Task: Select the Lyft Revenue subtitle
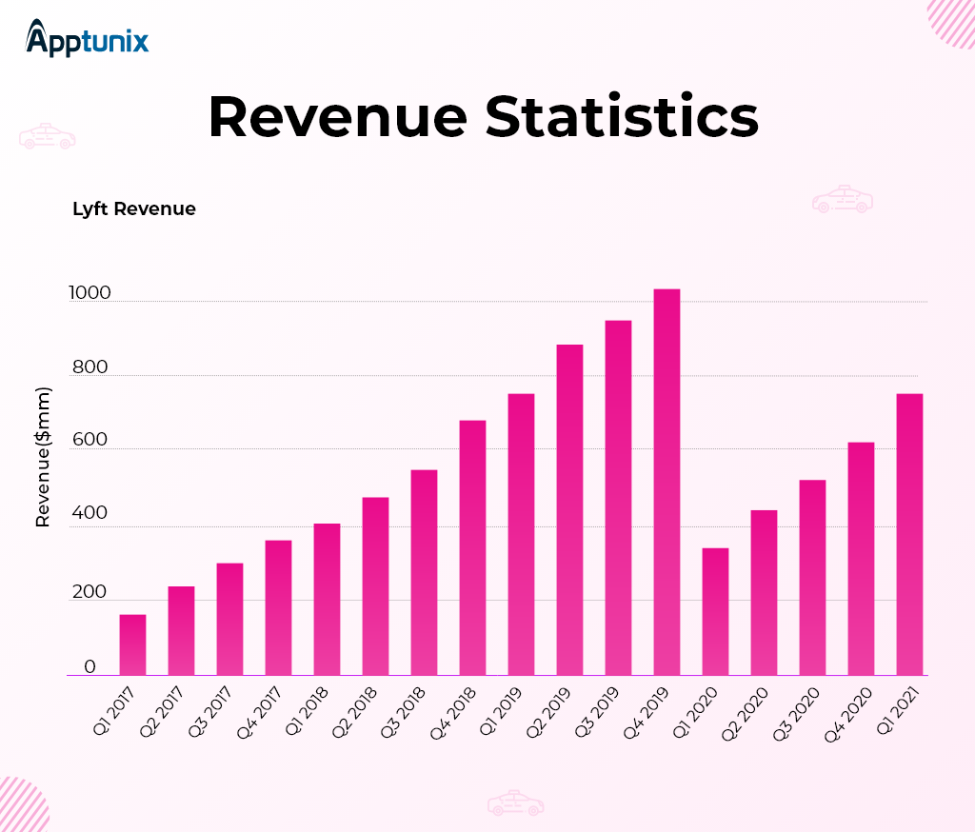tap(134, 209)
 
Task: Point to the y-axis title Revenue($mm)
tap(43, 457)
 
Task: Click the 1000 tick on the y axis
tap(89, 294)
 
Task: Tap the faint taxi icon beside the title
tap(48, 136)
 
